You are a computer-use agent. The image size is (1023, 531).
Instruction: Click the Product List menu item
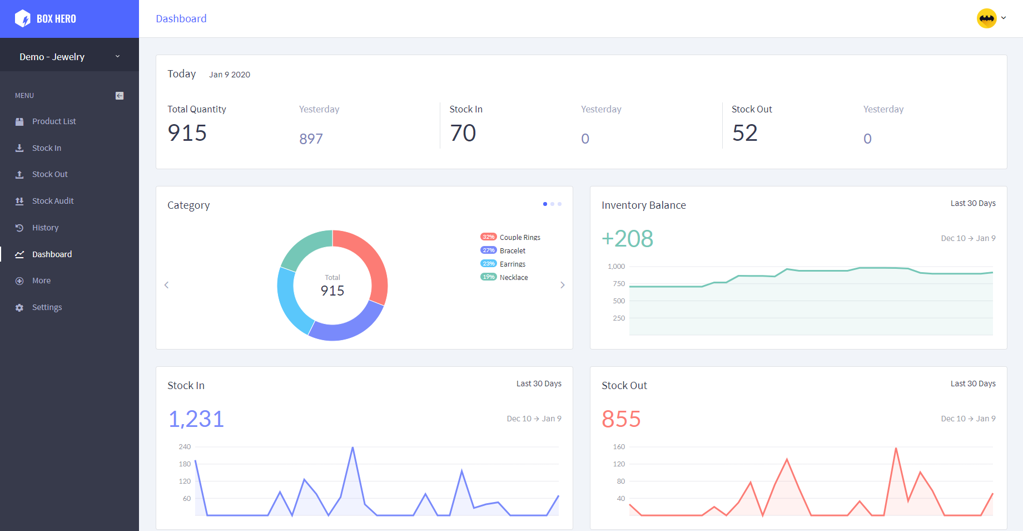[x=53, y=121]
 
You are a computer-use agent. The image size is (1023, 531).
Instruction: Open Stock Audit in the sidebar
[x=52, y=201]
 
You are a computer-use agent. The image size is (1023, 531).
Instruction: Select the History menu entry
[x=45, y=228]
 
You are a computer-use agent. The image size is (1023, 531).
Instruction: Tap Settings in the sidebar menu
[x=47, y=307]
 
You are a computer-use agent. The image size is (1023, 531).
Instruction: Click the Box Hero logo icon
[x=23, y=18]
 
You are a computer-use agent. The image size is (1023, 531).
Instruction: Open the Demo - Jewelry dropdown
[x=69, y=57]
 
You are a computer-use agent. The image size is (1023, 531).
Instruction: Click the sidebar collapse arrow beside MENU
[x=120, y=96]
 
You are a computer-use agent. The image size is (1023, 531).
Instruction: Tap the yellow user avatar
[x=987, y=18]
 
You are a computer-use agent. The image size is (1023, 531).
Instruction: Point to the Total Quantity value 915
[x=187, y=133]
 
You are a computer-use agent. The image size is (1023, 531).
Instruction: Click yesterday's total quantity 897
[x=311, y=139]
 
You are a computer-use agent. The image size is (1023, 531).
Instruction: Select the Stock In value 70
[x=463, y=133]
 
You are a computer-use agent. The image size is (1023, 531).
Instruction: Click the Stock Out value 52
[x=745, y=133]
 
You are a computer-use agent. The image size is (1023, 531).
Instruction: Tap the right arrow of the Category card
[x=563, y=285]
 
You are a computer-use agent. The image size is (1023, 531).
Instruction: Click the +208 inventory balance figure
[x=627, y=239]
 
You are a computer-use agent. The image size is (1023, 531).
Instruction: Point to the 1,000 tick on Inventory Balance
[x=616, y=267]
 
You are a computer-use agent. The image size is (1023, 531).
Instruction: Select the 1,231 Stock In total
[x=196, y=419]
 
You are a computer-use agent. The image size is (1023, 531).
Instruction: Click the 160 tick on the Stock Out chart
[x=619, y=447]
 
